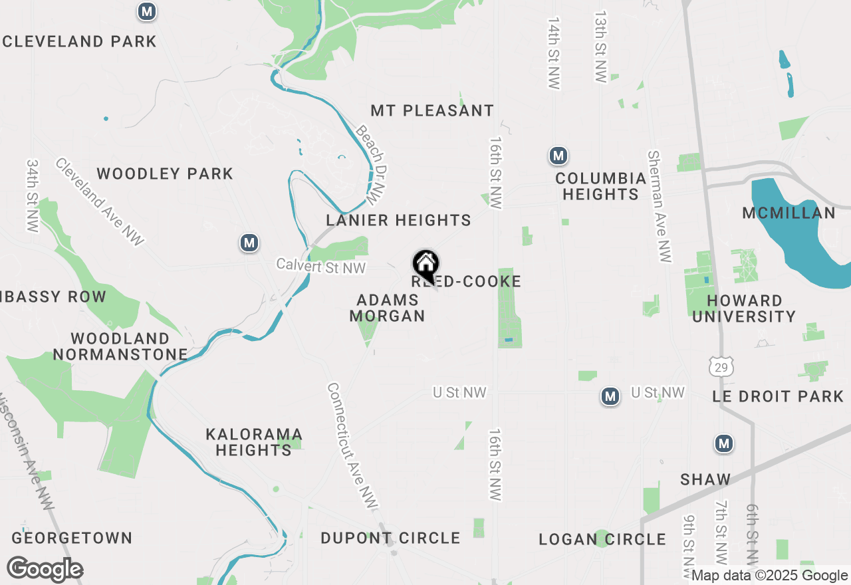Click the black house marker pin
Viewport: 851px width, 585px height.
[x=425, y=265]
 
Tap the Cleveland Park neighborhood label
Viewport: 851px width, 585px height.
[x=80, y=41]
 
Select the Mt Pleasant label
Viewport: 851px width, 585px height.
[x=432, y=110]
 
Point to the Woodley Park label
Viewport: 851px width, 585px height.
[x=165, y=174]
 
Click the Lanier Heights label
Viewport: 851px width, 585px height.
[x=398, y=220]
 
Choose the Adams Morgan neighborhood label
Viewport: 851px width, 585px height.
[x=388, y=308]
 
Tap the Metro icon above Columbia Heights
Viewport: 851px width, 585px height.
[x=558, y=156]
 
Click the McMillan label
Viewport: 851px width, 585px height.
[x=789, y=213]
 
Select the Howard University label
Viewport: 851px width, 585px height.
[x=744, y=309]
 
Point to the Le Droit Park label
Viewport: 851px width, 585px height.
[x=777, y=397]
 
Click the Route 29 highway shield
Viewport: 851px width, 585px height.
[x=720, y=365]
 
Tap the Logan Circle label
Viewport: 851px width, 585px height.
[x=602, y=539]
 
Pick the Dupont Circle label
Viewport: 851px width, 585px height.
[x=390, y=538]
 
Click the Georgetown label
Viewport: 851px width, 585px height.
[x=72, y=538]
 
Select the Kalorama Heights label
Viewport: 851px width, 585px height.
[x=254, y=442]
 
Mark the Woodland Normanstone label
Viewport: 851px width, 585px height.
[x=120, y=346]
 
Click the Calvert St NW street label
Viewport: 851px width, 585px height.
[x=321, y=267]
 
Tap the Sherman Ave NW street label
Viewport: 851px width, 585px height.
[x=659, y=206]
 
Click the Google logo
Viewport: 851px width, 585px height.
[x=45, y=570]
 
